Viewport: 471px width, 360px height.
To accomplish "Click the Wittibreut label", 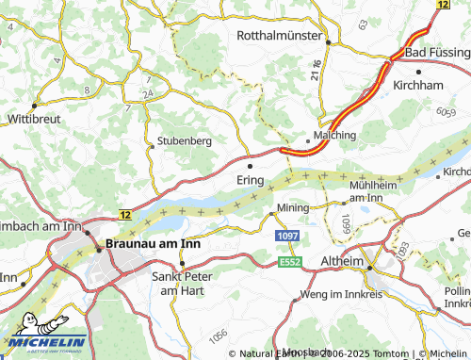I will coord(34,121).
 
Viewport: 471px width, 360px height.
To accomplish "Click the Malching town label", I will coord(334,136).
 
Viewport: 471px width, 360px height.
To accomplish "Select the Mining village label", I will coord(292,207).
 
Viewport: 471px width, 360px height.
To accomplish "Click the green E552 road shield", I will coord(288,261).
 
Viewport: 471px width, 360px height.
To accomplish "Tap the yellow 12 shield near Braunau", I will coord(124,216).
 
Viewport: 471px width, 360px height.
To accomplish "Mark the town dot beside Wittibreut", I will coord(34,105).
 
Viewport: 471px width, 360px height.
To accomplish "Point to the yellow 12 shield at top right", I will coord(444,5).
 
